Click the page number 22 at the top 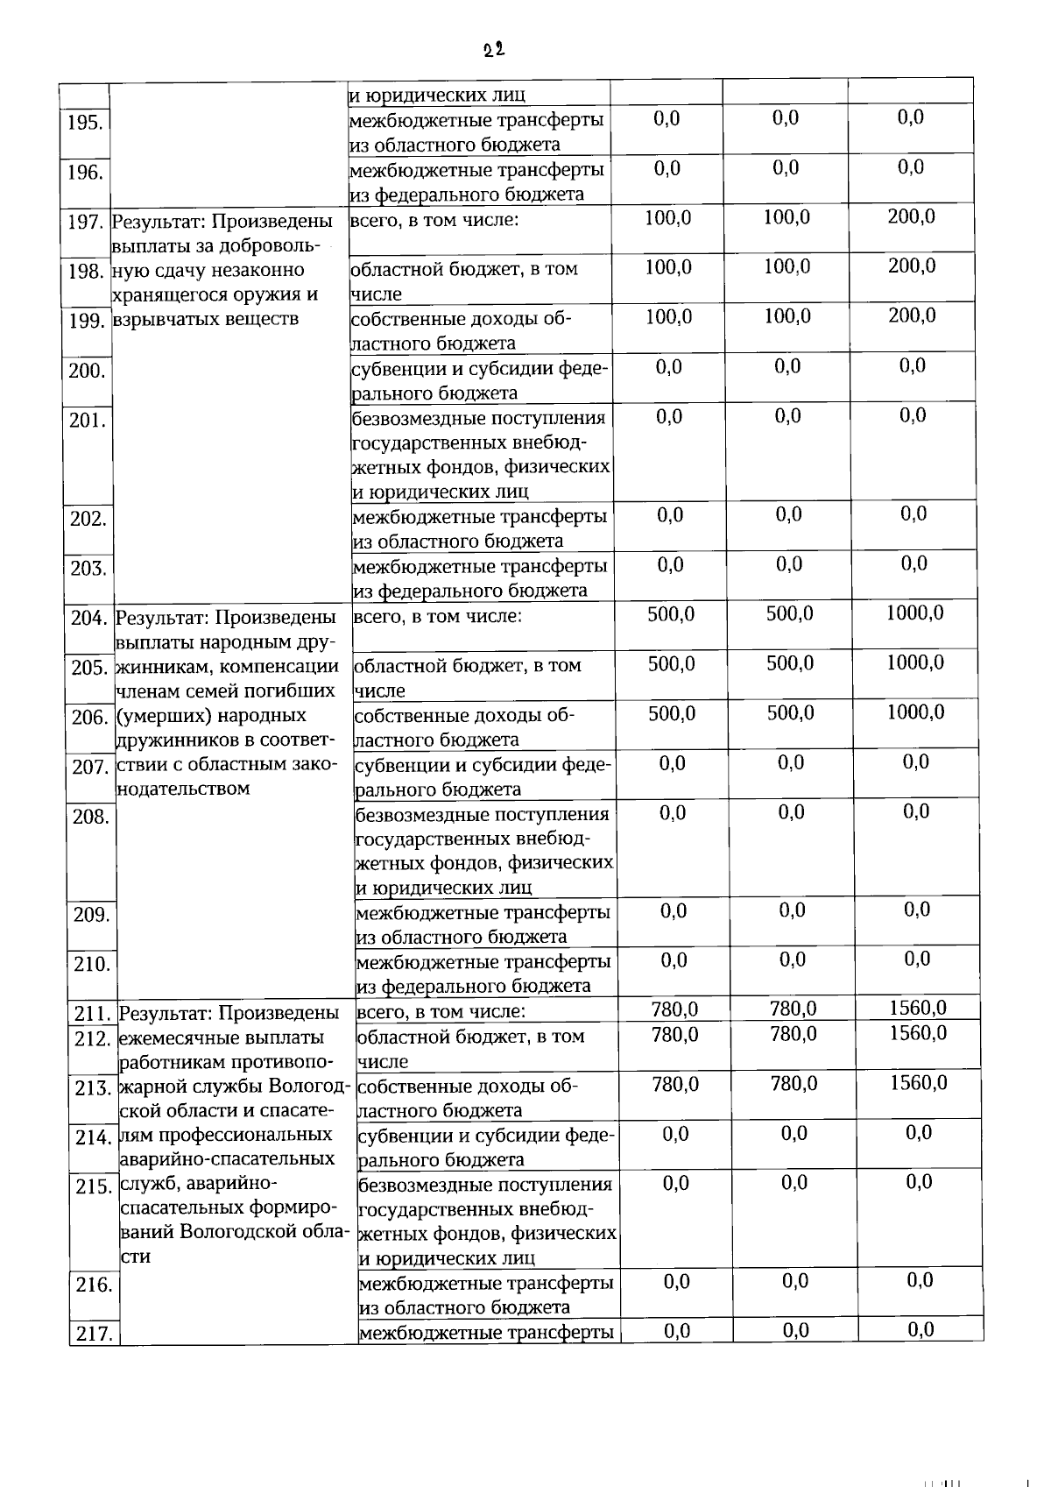coord(494,50)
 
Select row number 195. coord(85,122)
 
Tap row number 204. coord(88,619)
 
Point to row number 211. coord(91,1014)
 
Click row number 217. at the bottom coord(93,1335)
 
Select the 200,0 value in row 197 coord(911,216)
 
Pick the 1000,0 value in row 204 coord(914,613)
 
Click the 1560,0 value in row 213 coord(918,1083)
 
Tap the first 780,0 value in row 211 coord(674,1009)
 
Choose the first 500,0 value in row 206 coord(672,713)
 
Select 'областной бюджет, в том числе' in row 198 coord(463,281)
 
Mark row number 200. coord(87,371)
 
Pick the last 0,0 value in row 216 coord(920,1280)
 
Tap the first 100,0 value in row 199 coord(668,316)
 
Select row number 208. coord(90,817)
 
